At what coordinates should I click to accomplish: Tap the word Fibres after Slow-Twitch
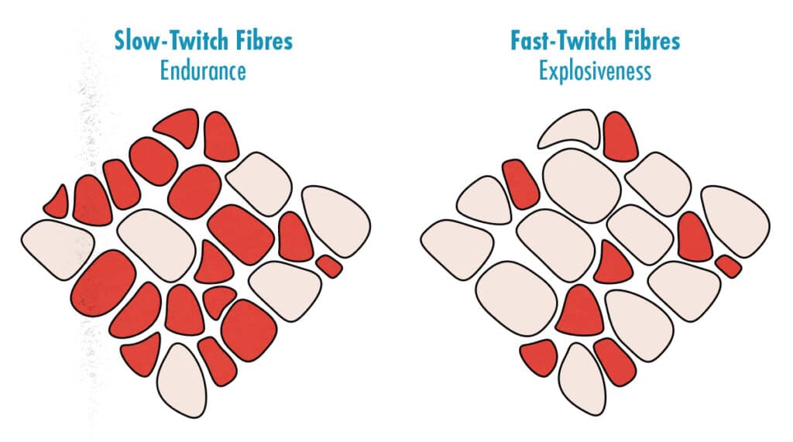coord(256,41)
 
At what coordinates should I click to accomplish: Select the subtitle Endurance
coord(204,70)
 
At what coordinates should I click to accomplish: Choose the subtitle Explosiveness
coord(595,70)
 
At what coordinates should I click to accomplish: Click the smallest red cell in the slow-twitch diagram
coord(329,266)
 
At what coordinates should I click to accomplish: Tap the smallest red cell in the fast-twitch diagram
coord(729,266)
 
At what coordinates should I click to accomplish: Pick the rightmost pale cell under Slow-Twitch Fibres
coord(337,221)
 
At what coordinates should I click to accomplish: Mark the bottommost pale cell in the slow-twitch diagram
coord(182,380)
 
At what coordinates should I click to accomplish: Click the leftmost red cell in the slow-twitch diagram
coord(57,203)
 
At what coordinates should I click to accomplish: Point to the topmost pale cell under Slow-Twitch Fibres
coord(259,183)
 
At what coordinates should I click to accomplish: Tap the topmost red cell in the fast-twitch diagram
coord(620,136)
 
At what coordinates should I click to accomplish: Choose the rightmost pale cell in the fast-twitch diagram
coord(736,221)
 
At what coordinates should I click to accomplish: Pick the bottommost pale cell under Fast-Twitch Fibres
coord(582,380)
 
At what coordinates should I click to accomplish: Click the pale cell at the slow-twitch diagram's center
coord(156,245)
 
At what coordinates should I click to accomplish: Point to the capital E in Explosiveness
coord(543,70)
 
